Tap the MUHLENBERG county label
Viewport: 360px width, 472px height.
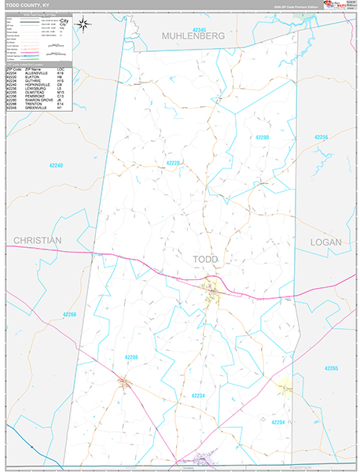click(193, 36)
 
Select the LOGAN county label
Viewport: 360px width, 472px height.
click(325, 242)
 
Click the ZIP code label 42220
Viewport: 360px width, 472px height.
click(174, 163)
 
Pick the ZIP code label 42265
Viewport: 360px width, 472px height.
click(331, 368)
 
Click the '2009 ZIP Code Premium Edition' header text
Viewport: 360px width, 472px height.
click(291, 6)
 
